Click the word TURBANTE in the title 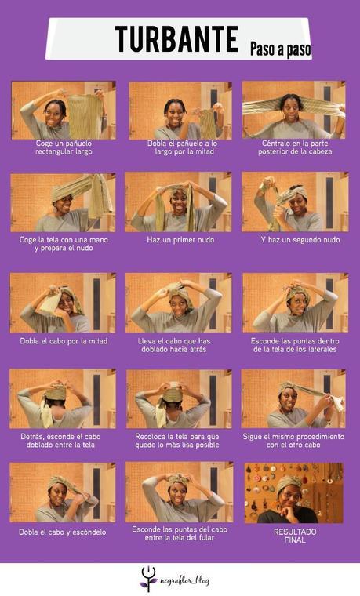point(176,39)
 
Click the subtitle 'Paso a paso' point(280,49)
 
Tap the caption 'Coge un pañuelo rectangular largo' point(64,147)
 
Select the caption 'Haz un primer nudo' point(180,239)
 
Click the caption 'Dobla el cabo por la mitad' point(64,341)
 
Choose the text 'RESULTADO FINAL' point(294,536)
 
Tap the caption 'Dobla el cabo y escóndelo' point(62,532)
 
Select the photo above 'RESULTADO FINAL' point(294,492)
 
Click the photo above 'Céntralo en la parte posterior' point(294,110)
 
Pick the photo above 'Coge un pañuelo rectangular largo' point(64,110)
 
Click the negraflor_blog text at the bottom point(185,580)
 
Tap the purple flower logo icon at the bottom point(149,579)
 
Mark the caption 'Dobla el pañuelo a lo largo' point(181,147)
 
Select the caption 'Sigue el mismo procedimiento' point(294,441)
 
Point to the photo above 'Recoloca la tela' point(180,398)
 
